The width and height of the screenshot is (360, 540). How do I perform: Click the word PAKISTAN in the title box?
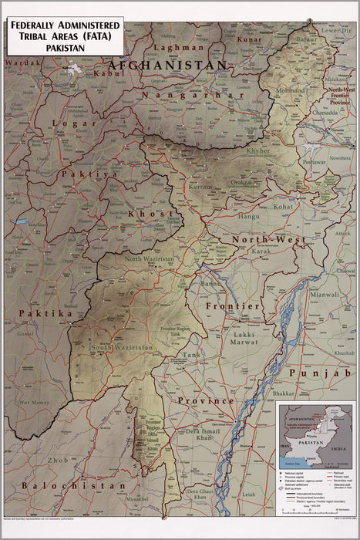coord(65,47)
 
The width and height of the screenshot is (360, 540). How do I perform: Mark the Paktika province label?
coord(46,314)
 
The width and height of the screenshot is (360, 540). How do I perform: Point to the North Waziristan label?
coord(152,259)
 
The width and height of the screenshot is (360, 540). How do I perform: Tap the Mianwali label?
coord(324,294)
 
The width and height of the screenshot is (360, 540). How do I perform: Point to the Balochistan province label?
coord(69,486)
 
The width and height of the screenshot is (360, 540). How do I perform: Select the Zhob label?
coord(36,460)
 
